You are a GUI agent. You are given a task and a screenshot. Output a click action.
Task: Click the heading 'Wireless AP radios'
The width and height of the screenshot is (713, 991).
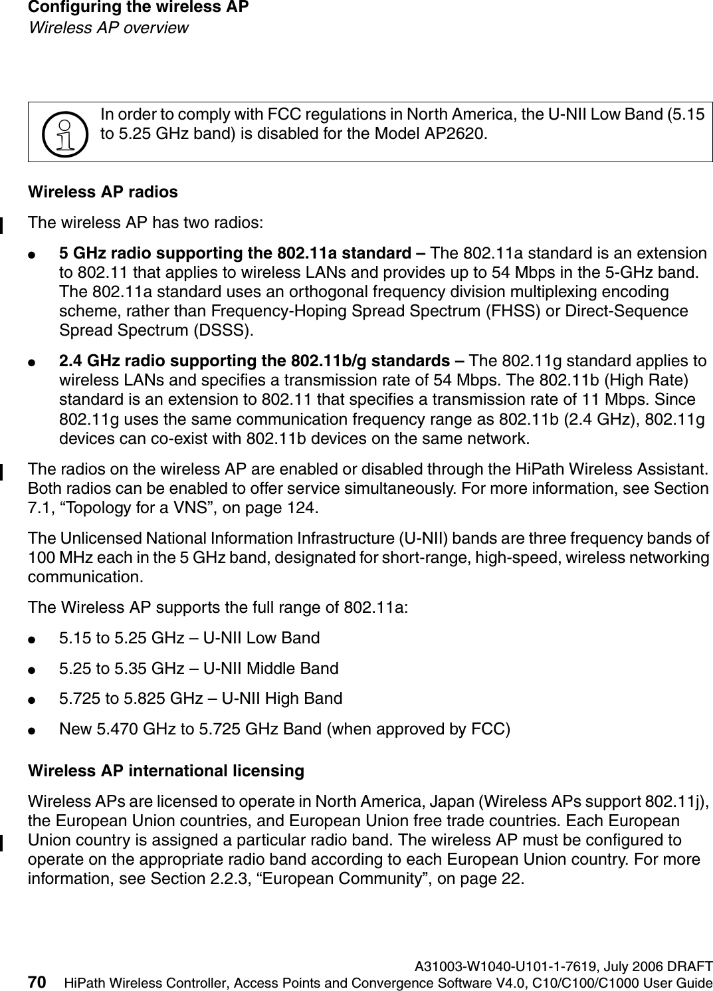102,192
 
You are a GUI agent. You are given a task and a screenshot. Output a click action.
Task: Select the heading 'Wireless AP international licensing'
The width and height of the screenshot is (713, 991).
165,771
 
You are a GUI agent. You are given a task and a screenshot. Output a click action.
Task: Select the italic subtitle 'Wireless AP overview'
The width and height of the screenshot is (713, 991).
108,28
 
